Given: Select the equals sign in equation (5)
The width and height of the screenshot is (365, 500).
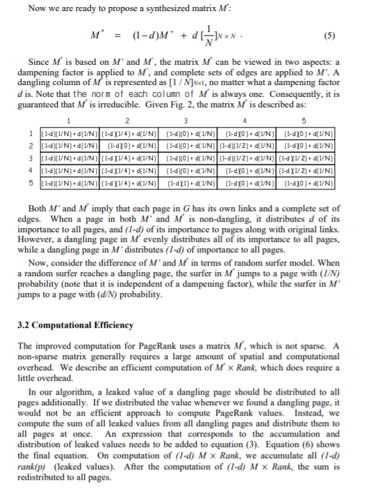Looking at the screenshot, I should point(119,34).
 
